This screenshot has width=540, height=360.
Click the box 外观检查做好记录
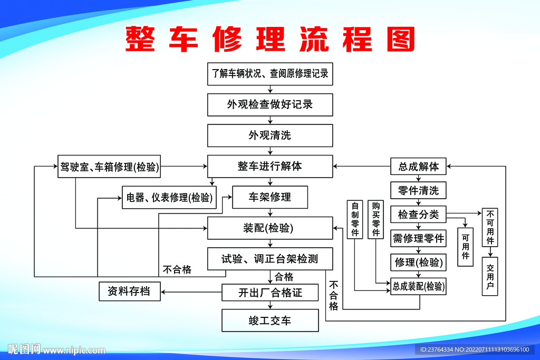pos(270,104)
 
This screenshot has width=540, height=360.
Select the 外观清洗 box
pos(270,135)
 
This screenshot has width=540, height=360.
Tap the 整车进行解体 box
pos(270,166)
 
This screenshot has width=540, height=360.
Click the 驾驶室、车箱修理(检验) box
pos(109,167)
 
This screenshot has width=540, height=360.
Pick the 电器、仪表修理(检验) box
pos(169,198)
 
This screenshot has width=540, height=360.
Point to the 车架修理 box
pos(270,197)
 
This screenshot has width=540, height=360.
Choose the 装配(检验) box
pos(270,228)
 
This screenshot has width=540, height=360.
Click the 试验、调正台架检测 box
pos(270,259)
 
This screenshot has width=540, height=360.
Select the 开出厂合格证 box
pos(270,293)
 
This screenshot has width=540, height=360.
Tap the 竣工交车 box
pos(270,320)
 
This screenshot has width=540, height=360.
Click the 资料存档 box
pos(130,291)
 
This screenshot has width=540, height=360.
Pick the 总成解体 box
pos(418,167)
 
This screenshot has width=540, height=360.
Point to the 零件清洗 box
pos(418,190)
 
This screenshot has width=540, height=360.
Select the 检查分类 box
pos(418,215)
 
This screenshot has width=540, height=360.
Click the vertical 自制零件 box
pos(355,219)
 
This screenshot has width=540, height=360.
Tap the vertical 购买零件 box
pos(375,219)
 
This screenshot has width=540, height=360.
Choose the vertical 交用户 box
pos(490,276)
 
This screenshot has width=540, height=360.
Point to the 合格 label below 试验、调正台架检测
pos(284,277)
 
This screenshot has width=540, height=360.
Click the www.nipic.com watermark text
pos(74,350)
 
